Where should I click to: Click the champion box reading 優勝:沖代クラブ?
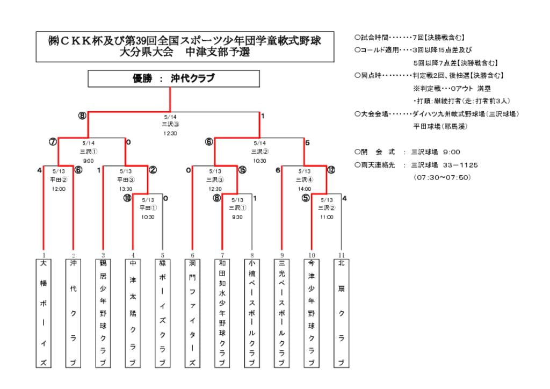173,78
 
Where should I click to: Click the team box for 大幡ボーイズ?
44,313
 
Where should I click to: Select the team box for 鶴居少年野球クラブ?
103,313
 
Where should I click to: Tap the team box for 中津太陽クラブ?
133,313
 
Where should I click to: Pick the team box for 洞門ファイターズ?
192,313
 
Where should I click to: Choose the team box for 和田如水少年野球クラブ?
222,313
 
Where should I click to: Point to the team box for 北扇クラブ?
341,313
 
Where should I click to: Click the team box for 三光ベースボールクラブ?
281,313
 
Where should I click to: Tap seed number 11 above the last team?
341,255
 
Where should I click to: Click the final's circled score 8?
82,116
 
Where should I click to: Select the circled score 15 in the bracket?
242,170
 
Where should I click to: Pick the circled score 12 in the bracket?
331,170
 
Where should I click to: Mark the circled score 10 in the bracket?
127,198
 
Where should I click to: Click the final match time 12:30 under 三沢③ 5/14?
170,133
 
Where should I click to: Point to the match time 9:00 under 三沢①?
89,161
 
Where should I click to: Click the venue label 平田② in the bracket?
59,180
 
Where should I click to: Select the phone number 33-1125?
460,165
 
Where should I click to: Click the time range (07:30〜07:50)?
442,177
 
